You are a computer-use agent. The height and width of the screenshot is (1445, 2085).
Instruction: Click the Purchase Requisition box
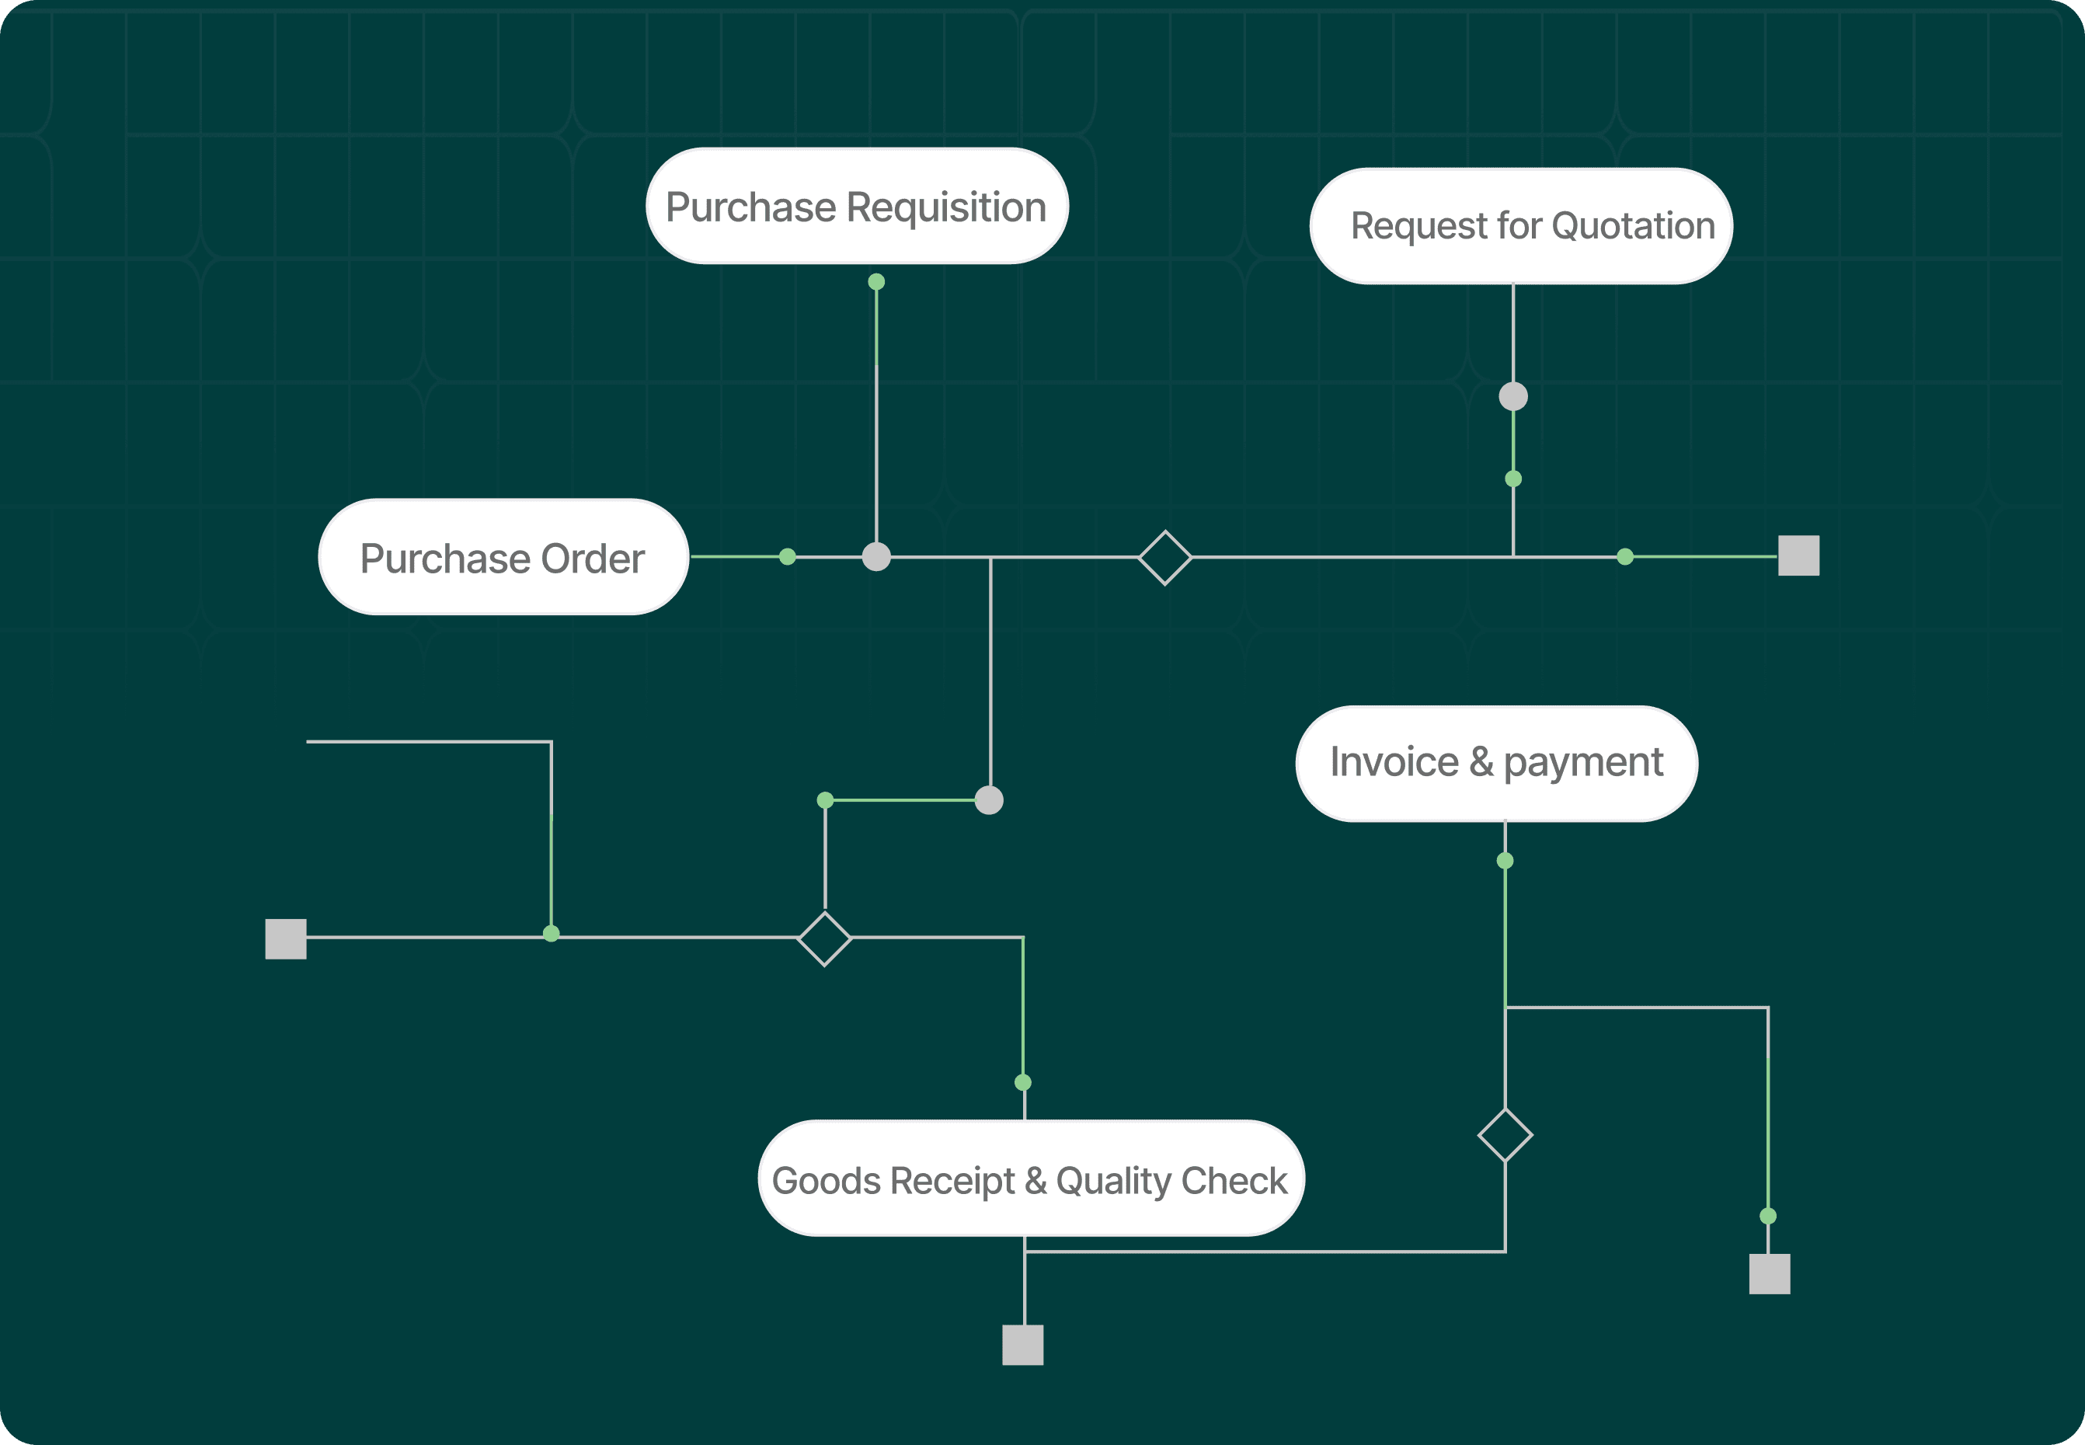pyautogui.click(x=857, y=207)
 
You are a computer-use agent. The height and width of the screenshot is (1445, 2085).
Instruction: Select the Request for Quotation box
pyautogui.click(x=1521, y=225)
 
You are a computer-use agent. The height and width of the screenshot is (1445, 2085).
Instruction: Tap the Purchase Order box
pyautogui.click(x=503, y=557)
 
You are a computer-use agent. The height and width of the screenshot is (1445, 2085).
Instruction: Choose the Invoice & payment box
pyautogui.click(x=1496, y=763)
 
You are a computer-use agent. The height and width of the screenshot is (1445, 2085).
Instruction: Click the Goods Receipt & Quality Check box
pyautogui.click(x=1031, y=1179)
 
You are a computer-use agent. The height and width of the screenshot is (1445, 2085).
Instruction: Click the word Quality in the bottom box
pyautogui.click(x=1112, y=1181)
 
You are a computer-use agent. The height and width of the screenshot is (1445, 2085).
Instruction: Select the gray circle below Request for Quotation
pyautogui.click(x=1512, y=396)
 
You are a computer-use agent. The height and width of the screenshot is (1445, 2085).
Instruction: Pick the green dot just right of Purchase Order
pyautogui.click(x=788, y=557)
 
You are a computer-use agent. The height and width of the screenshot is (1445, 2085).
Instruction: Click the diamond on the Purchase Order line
pyautogui.click(x=1165, y=558)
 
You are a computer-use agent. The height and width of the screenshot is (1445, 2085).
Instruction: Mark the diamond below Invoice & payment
pyautogui.click(x=1505, y=1134)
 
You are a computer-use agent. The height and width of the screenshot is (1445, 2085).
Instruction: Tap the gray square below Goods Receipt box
pyautogui.click(x=1023, y=1345)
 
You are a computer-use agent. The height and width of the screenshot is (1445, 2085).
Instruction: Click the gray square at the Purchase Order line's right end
pyautogui.click(x=1798, y=556)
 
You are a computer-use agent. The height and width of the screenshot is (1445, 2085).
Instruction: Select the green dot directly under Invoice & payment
pyautogui.click(x=1505, y=861)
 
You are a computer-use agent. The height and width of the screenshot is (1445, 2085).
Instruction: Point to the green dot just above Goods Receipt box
pyautogui.click(x=1023, y=1082)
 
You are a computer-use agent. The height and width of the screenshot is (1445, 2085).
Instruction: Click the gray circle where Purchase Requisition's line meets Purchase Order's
pyautogui.click(x=876, y=557)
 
